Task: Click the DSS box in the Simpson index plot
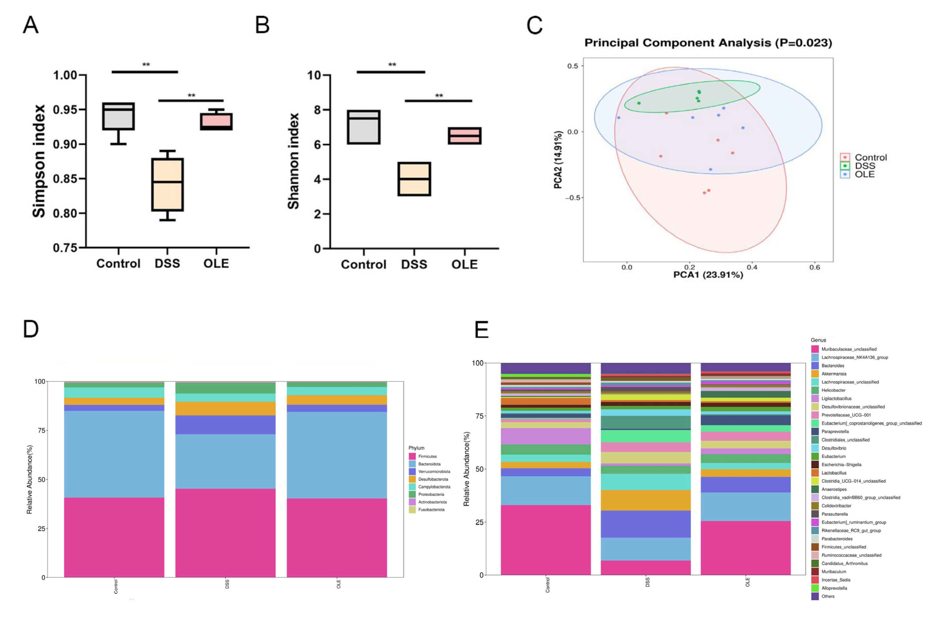coord(167,185)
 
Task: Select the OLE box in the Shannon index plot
coord(464,136)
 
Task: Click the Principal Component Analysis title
coord(708,43)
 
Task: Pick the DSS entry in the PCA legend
coord(865,166)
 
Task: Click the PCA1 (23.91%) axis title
coord(708,275)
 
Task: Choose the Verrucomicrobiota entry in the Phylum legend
coord(434,471)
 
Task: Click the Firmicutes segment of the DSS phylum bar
coord(225,533)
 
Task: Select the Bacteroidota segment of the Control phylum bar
coord(114,454)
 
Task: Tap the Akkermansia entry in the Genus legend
coord(834,374)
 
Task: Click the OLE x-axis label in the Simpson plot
coord(216,263)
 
